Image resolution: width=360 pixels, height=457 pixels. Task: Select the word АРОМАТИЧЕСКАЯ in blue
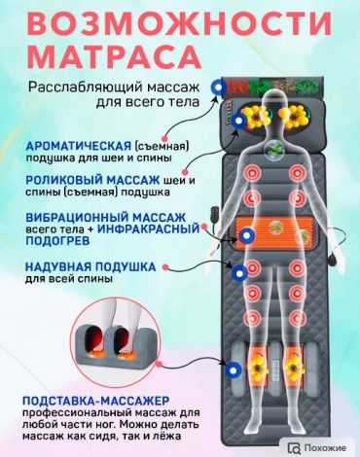pos(79,146)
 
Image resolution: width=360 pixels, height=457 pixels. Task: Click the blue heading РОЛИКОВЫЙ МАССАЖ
pos(92,180)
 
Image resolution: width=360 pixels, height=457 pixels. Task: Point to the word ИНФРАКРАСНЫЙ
pos(149,229)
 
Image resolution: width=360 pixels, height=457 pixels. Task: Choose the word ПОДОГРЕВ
pos(57,241)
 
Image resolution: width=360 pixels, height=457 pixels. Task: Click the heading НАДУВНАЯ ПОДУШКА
pos(90,267)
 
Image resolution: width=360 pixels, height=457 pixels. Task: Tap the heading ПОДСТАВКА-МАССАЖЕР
pos(96,401)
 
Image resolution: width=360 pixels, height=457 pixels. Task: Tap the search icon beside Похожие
pos(294,448)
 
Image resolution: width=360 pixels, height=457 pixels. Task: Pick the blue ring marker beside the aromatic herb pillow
pos(218,87)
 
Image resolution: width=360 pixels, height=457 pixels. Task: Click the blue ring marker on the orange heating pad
pos(246,234)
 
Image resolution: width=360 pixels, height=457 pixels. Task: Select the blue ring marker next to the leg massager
pos(233,369)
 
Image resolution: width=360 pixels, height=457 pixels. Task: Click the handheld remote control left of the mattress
pos(214,214)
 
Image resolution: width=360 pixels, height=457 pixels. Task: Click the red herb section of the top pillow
pos(237,87)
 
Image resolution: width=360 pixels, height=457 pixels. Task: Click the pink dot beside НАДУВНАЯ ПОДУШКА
pos(165,267)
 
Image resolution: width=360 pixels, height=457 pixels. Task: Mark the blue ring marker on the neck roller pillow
pos(239,122)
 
